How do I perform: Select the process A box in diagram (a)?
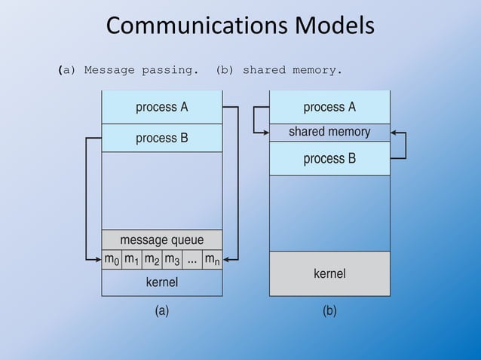click(161, 107)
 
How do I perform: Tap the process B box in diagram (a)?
click(161, 138)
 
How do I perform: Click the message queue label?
click(161, 240)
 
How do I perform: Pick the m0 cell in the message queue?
click(112, 260)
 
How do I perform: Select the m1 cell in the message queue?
click(132, 260)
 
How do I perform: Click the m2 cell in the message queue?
click(152, 260)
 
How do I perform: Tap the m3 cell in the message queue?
click(172, 260)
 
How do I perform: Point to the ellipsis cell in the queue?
click(191, 260)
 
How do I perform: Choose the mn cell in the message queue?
click(212, 260)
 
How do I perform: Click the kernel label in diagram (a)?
click(161, 282)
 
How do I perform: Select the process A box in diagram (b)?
click(329, 107)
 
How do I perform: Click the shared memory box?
click(329, 132)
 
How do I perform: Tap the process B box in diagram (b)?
click(329, 158)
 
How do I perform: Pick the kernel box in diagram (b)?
click(329, 273)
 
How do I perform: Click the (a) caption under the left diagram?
click(161, 310)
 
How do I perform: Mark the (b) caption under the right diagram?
click(329, 310)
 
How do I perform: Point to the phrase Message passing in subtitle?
click(141, 70)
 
